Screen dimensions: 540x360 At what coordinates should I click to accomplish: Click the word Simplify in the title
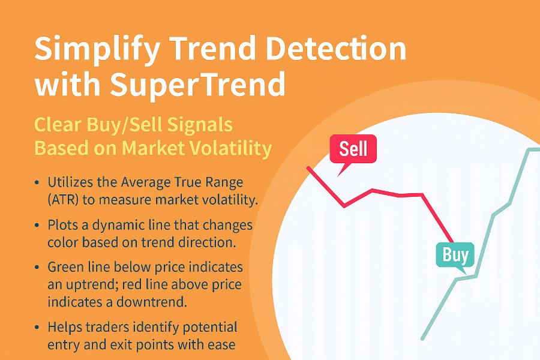click(97, 50)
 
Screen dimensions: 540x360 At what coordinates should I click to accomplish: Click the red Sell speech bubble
click(353, 152)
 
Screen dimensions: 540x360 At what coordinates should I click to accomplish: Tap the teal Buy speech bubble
click(455, 257)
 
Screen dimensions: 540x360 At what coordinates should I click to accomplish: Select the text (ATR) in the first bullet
click(62, 200)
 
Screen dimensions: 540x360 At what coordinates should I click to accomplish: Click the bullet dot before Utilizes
click(37, 183)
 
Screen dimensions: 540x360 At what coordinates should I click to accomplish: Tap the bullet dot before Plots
click(37, 226)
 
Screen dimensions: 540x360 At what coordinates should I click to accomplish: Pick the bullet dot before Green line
click(37, 268)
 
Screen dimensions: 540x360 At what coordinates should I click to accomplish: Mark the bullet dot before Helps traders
click(37, 328)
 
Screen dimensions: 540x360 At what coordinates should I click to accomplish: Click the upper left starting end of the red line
click(308, 168)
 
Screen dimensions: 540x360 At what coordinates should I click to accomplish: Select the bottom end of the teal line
click(423, 338)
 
